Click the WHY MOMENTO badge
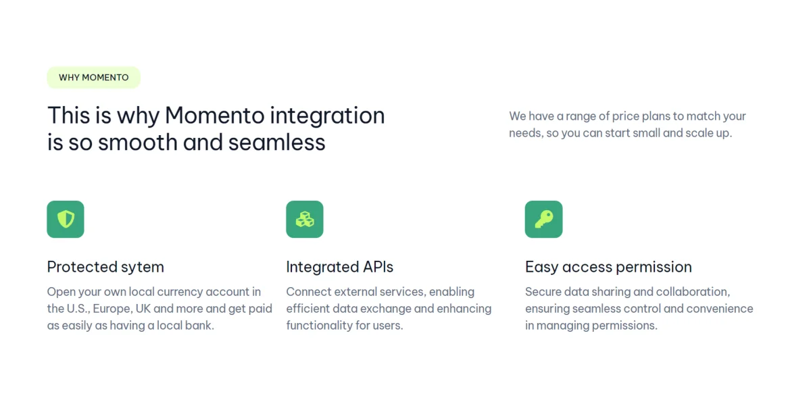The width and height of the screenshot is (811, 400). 93,77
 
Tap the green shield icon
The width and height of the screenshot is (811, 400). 66,219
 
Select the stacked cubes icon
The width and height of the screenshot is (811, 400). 305,219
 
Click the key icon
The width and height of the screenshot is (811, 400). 543,219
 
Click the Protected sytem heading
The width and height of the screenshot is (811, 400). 105,267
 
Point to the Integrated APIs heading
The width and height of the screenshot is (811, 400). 339,267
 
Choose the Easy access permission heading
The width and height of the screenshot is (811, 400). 608,267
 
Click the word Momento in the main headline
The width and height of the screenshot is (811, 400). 215,116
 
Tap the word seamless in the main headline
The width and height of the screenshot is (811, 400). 276,142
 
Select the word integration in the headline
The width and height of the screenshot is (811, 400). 327,116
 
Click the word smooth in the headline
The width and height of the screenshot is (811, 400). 138,142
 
